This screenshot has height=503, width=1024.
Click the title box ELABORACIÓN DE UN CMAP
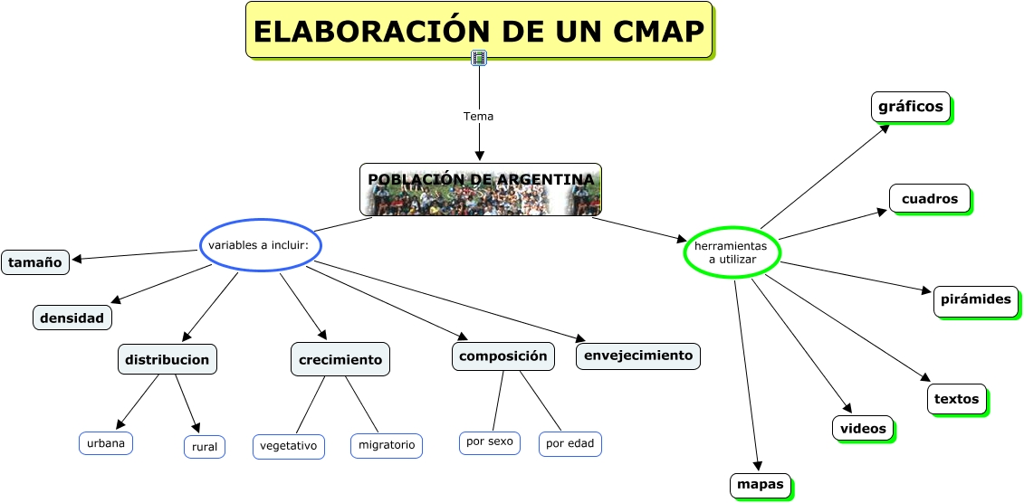point(479,31)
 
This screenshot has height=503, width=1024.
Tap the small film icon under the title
point(479,59)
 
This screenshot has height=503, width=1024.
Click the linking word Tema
point(478,117)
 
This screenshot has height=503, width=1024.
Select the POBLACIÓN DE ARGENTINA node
point(481,189)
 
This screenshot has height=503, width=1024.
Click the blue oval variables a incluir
point(260,245)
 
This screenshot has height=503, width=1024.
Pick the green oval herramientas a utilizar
point(732,252)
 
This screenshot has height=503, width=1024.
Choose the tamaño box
point(35,262)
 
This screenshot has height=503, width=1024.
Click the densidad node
point(73,318)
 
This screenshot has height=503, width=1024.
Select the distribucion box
point(167,359)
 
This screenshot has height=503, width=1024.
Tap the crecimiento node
point(340,359)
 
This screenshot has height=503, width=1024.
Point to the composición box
point(503,356)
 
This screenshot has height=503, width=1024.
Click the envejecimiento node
point(638,356)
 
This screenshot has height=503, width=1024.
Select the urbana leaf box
point(106,443)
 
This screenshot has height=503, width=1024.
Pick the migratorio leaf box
point(387,445)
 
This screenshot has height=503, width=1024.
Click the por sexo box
point(489,442)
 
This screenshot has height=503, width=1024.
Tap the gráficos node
point(911,107)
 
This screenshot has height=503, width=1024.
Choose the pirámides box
point(976,299)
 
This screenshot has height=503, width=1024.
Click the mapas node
point(761,485)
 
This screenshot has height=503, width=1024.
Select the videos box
point(863,428)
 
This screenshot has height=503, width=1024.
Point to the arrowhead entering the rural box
point(196,428)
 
